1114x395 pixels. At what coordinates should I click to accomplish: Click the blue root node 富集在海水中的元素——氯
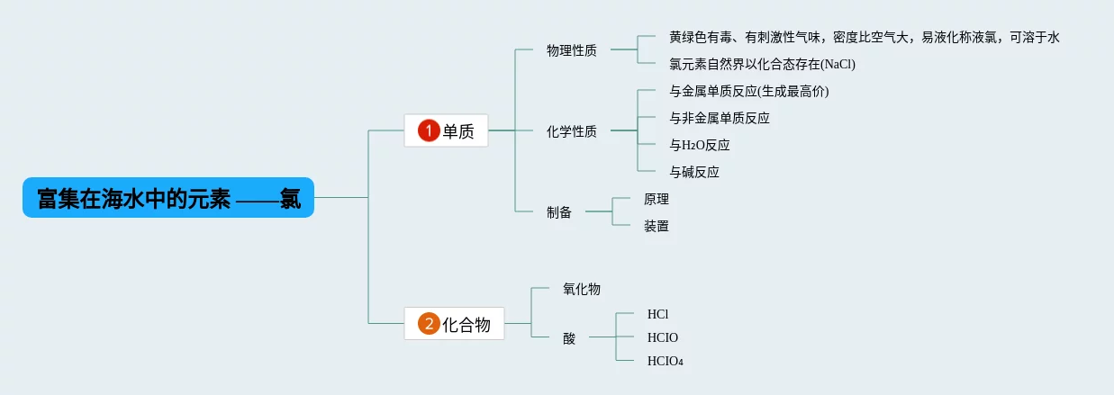point(168,197)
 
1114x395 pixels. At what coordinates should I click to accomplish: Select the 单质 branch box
point(446,131)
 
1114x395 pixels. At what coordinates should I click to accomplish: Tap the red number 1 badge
point(429,131)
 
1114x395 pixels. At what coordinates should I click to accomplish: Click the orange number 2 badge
point(430,324)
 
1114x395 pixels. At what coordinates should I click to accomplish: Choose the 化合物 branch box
point(454,324)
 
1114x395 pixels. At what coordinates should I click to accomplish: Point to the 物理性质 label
point(571,50)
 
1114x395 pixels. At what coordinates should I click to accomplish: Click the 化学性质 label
point(571,131)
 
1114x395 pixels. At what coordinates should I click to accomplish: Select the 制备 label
point(558,212)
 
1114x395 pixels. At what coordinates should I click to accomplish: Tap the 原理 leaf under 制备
point(656,199)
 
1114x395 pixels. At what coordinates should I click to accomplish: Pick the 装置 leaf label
point(656,226)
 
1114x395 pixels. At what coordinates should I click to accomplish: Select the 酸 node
point(568,338)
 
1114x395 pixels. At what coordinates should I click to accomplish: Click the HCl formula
point(657,314)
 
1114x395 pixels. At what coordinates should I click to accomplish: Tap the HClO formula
point(662,337)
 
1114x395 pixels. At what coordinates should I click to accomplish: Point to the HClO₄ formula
point(665,361)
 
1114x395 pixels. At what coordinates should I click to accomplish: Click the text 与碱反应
point(693,172)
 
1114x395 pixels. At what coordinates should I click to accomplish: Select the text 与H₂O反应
point(699,145)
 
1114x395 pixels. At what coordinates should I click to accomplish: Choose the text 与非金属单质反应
point(719,118)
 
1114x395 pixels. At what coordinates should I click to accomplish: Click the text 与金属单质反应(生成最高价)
point(748,91)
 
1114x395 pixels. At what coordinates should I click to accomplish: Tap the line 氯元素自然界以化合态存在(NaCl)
point(761,64)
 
